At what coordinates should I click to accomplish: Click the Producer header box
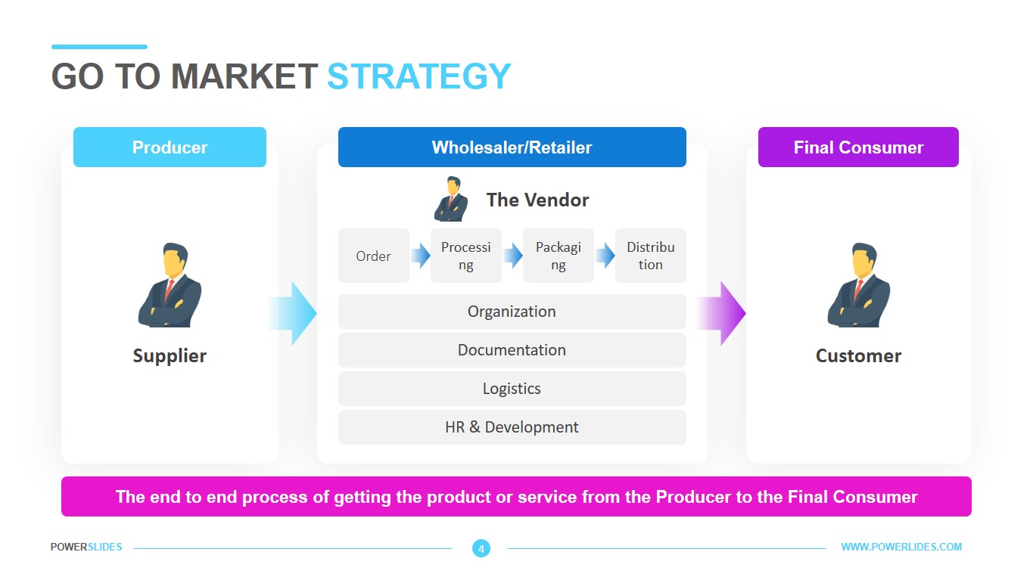[170, 147]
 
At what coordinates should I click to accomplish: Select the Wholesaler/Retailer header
[512, 147]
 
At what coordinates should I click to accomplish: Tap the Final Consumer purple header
[858, 147]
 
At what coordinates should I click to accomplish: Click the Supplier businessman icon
[170, 284]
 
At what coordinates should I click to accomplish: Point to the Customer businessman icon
[859, 284]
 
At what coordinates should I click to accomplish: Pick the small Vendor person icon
[451, 199]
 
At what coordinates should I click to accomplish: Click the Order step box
[374, 256]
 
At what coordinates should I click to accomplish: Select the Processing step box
[465, 256]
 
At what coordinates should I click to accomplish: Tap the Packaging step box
[558, 256]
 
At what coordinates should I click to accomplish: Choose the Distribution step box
[650, 256]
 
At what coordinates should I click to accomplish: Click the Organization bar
[512, 312]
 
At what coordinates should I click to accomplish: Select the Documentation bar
[512, 350]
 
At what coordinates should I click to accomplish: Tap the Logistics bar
[512, 389]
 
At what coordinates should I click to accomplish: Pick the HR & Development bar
[512, 427]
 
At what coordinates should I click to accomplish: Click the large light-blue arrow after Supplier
[292, 313]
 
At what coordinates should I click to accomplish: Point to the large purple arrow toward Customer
[721, 313]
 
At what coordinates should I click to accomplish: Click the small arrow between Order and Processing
[420, 255]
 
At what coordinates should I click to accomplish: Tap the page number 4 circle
[481, 548]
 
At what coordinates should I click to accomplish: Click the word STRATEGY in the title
[418, 76]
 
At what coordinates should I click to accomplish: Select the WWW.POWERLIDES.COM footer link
[901, 547]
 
